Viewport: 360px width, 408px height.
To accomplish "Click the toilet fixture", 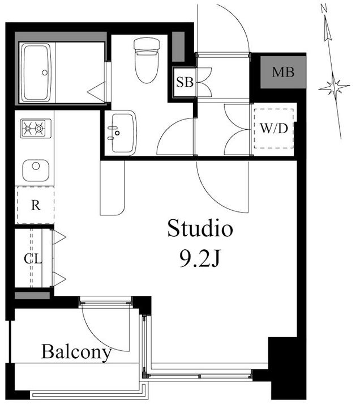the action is [x=147, y=61].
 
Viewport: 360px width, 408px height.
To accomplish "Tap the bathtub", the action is [x=36, y=73].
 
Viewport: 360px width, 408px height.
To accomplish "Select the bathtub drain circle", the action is [x=45, y=73].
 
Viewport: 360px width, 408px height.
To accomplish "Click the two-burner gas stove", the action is [x=36, y=128].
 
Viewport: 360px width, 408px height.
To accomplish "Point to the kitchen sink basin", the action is [x=36, y=171].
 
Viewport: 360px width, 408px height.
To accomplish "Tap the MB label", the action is [x=283, y=72].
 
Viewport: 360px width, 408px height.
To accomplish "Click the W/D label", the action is [x=274, y=129].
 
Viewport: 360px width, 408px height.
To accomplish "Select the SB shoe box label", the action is [x=185, y=82].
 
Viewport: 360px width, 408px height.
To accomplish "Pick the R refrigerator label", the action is [x=36, y=205].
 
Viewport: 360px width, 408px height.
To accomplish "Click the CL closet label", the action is [x=33, y=258].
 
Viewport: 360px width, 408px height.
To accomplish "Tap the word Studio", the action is [x=200, y=228].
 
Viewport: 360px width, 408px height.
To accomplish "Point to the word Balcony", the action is [x=76, y=352].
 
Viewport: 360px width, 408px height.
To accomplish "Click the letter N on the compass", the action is [x=324, y=10].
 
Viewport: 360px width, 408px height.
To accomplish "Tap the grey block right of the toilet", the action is [x=178, y=46].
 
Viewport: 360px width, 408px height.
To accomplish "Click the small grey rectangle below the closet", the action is [x=32, y=295].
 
